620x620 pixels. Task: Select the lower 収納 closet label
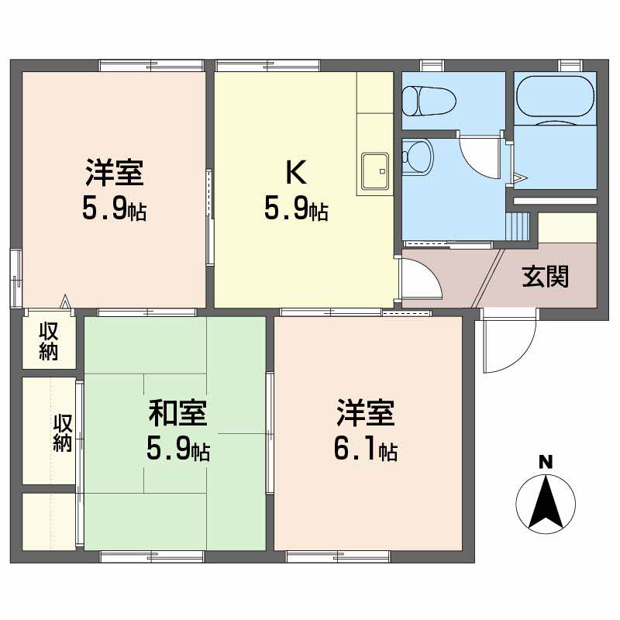click(x=63, y=433)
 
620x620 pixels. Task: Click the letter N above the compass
click(x=546, y=463)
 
